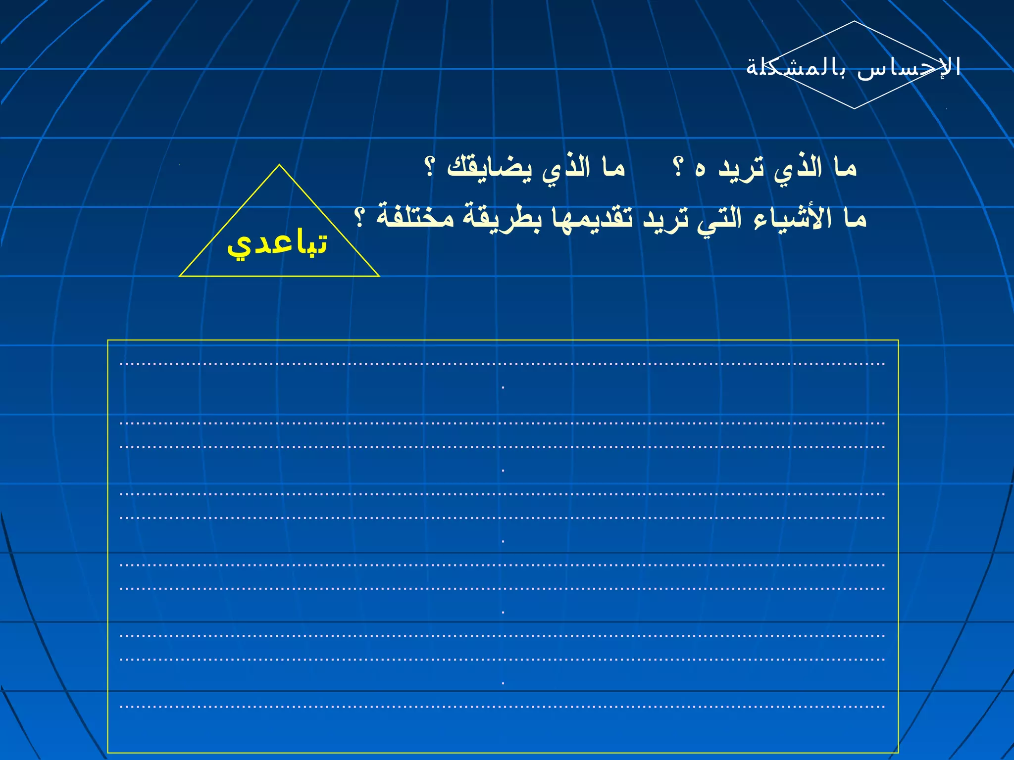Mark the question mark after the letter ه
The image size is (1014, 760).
coord(678,167)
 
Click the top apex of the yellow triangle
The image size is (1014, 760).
coord(279,165)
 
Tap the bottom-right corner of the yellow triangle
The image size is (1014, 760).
coord(379,276)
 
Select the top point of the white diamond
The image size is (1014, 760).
coord(854,21)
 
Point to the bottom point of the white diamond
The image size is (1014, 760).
coord(854,108)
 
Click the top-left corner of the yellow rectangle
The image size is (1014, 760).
coord(108,340)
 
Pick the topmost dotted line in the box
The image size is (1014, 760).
coord(502,364)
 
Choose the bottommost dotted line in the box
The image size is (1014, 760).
coord(502,707)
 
